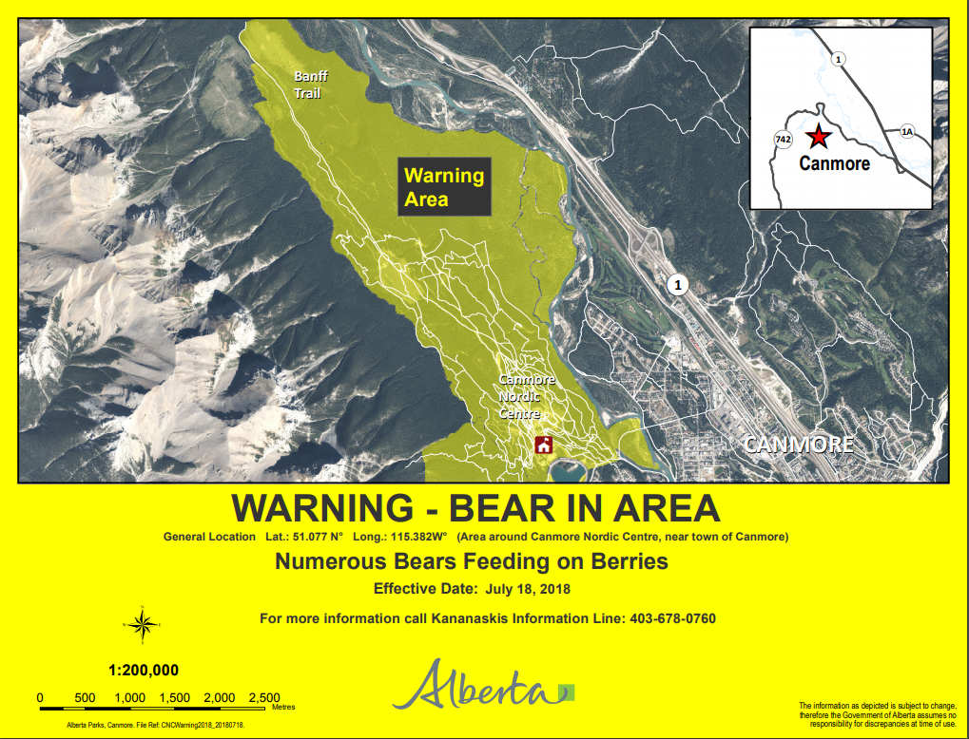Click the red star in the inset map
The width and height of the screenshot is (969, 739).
pyautogui.click(x=817, y=137)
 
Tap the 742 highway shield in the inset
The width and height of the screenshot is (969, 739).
pyautogui.click(x=784, y=140)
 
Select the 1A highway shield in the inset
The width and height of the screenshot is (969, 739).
pyautogui.click(x=906, y=132)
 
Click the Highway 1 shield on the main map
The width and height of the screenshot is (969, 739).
pyautogui.click(x=677, y=284)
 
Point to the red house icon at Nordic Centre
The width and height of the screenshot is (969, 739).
pyautogui.click(x=544, y=445)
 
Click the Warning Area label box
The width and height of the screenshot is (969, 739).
pyautogui.click(x=444, y=187)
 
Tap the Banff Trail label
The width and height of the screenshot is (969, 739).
pyautogui.click(x=307, y=85)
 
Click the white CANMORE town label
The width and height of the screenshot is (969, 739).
pyautogui.click(x=799, y=445)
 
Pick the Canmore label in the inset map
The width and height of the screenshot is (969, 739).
pyautogui.click(x=834, y=163)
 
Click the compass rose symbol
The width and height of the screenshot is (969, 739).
pyautogui.click(x=142, y=624)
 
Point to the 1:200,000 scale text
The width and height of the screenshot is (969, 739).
pyautogui.click(x=144, y=669)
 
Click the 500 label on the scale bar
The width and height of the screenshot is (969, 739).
pyautogui.click(x=85, y=697)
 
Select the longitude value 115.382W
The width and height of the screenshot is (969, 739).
pyautogui.click(x=414, y=537)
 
